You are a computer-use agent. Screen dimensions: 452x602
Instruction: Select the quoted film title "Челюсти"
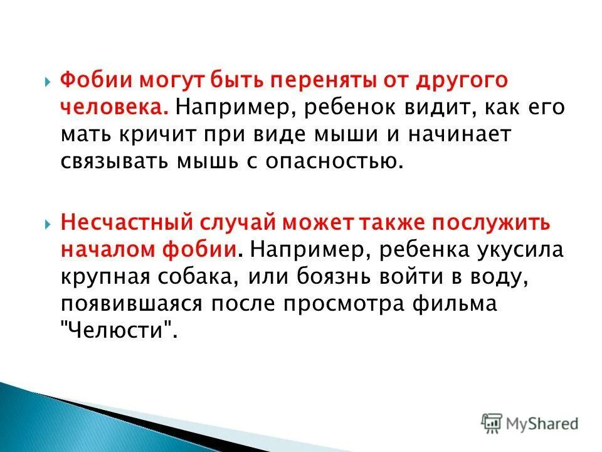point(118,331)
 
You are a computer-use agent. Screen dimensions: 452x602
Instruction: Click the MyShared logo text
point(541,423)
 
